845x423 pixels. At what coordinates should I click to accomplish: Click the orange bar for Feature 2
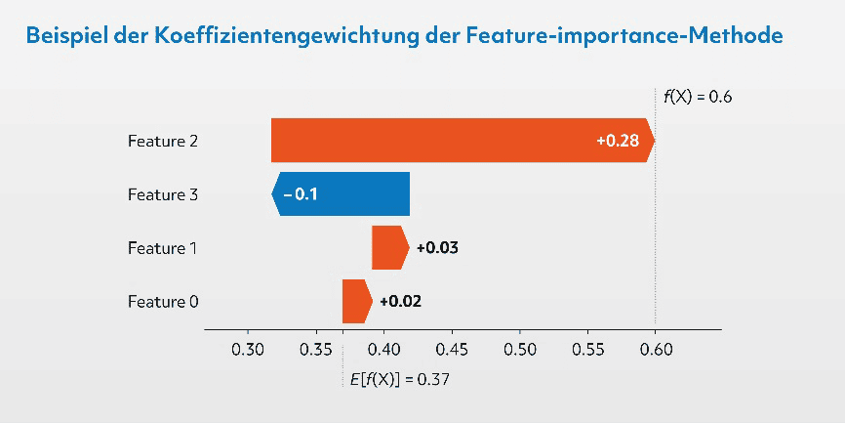439,141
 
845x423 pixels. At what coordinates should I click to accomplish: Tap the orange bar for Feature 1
389,247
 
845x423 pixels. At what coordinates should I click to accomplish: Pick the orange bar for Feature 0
356,301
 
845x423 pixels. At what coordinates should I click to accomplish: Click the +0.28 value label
617,141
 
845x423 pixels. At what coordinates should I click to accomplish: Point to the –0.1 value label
300,194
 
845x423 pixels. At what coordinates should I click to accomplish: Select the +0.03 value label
437,248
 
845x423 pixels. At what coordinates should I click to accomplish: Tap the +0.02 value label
400,301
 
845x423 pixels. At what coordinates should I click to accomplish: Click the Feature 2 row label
163,141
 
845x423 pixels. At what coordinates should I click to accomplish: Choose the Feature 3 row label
163,194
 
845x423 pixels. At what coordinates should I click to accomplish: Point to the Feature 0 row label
163,302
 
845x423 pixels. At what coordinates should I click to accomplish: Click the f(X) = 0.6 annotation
698,97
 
